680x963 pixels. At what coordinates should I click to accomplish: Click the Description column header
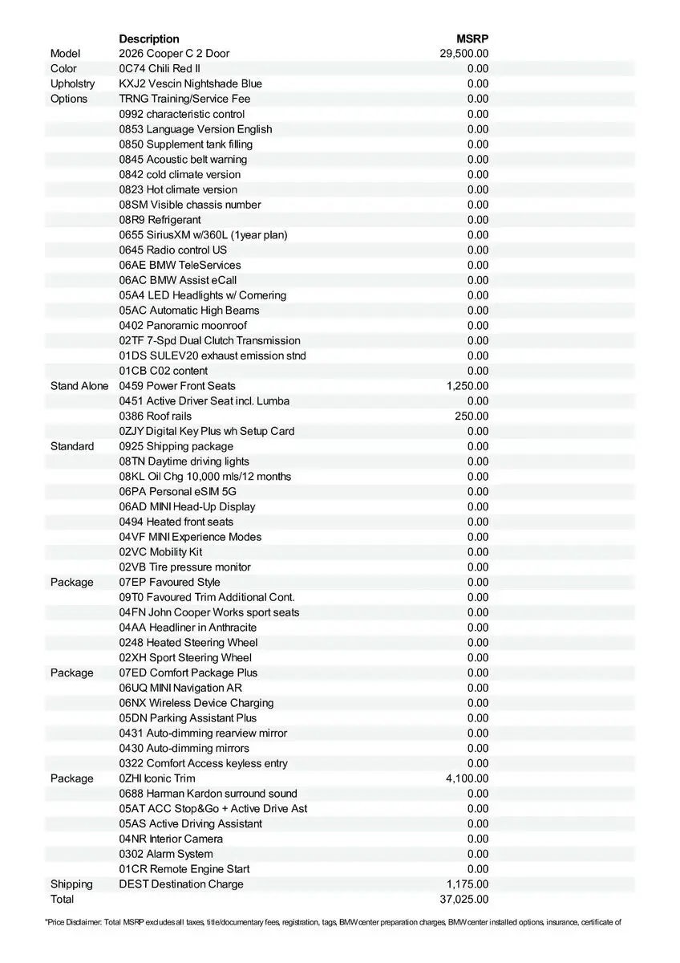click(149, 39)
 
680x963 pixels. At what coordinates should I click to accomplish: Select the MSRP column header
click(472, 39)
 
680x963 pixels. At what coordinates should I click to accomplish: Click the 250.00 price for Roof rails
click(472, 416)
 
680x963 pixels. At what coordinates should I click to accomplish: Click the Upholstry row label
click(72, 83)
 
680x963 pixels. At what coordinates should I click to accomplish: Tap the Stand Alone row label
click(79, 386)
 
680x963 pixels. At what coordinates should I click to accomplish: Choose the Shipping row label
click(71, 884)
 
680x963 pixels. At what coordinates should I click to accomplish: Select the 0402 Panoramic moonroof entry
click(183, 326)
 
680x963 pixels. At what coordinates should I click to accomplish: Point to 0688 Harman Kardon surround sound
click(208, 794)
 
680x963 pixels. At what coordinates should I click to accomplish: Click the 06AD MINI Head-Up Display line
click(187, 507)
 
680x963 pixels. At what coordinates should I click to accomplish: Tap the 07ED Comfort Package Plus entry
click(188, 672)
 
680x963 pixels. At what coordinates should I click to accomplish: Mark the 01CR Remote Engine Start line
click(184, 869)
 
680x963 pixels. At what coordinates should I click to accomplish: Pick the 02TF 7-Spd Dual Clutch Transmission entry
click(210, 341)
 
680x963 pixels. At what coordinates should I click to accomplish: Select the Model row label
click(66, 54)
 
